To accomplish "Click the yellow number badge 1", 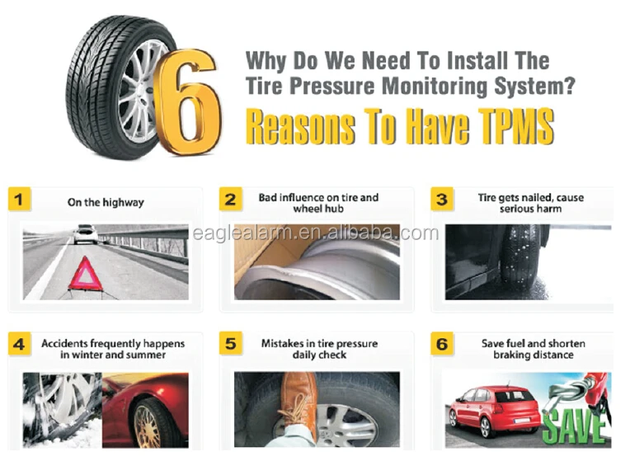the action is tap(19, 199).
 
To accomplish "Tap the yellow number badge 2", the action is tap(231, 199).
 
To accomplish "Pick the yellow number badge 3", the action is tap(442, 199).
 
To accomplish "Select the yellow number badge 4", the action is tap(19, 344).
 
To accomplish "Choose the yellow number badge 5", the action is tap(231, 343).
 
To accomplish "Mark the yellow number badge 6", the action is tap(442, 344).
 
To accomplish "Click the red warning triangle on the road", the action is tap(85, 274).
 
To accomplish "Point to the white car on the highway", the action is tap(85, 233).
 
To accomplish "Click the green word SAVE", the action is tap(576, 427).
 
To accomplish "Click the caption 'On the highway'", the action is tap(106, 202).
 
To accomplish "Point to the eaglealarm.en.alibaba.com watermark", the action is tap(316, 233).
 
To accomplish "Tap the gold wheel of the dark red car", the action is tap(147, 426).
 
